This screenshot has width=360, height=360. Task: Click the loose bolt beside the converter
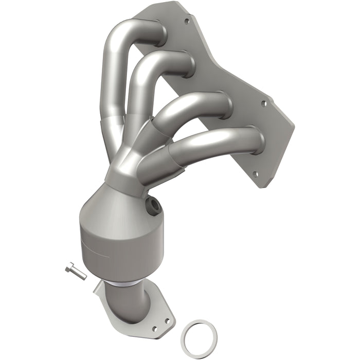pyautogui.click(x=77, y=271)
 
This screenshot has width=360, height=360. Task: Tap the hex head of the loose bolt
pyautogui.click(x=70, y=267)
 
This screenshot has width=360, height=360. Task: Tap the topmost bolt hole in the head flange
pyautogui.click(x=186, y=22)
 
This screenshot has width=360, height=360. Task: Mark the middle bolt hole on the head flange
pyautogui.click(x=264, y=103)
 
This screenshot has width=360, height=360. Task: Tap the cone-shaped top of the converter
pyautogui.click(x=118, y=206)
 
